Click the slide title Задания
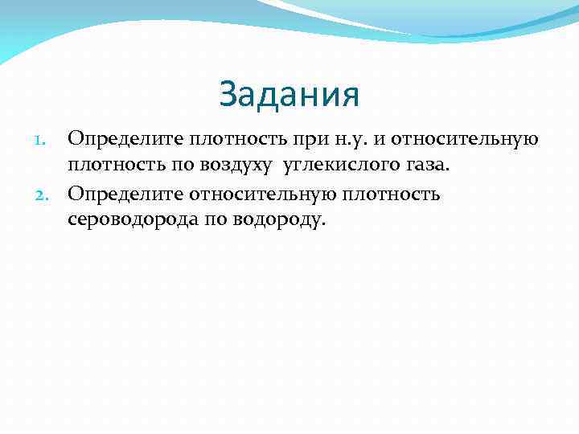[289, 96]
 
